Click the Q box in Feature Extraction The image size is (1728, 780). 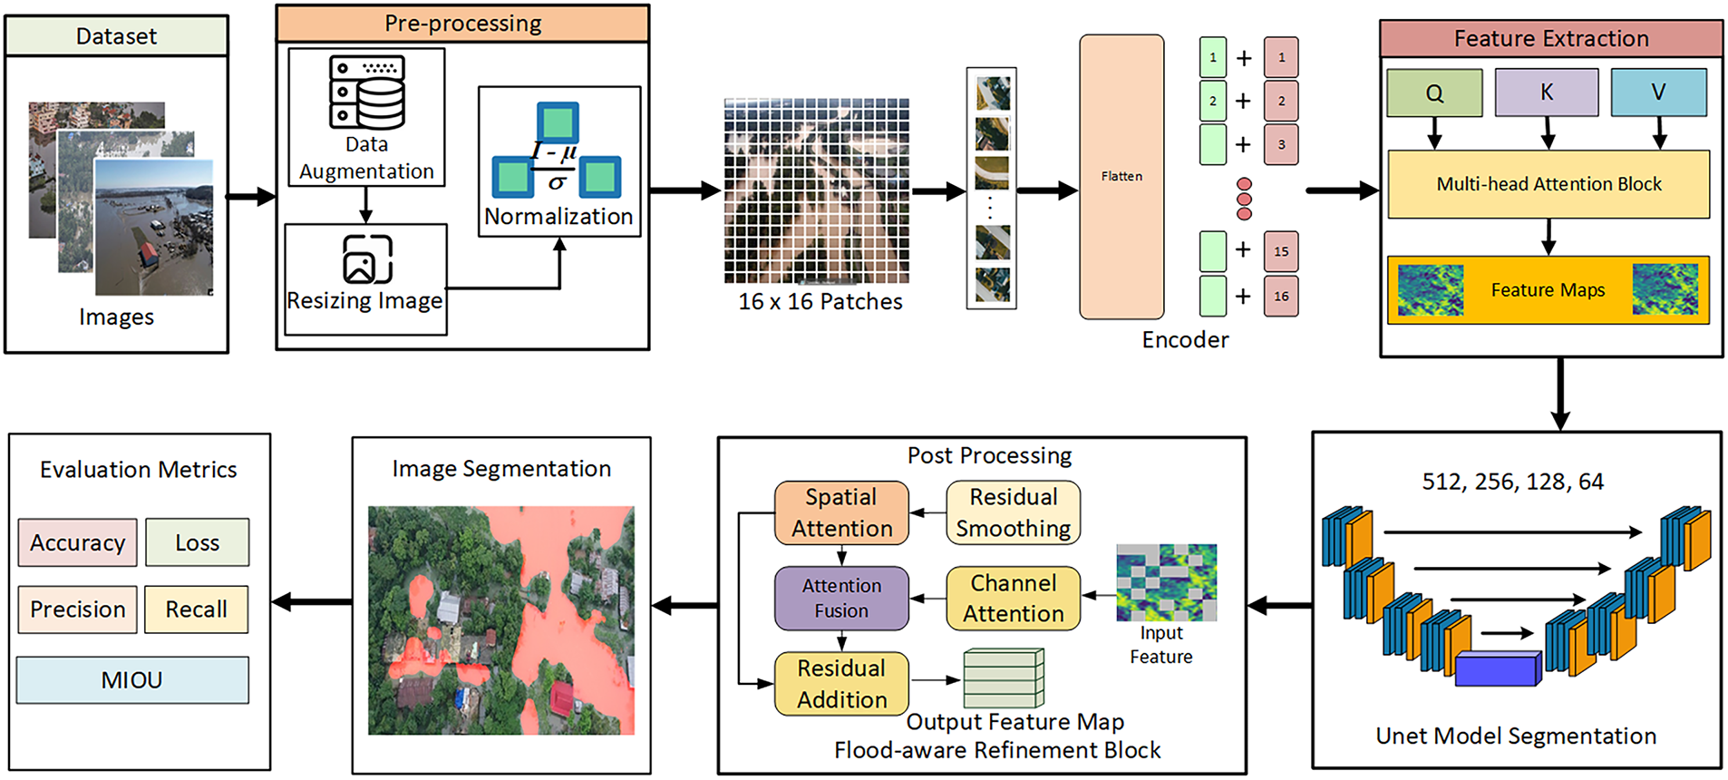1434,93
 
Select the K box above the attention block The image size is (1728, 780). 1547,93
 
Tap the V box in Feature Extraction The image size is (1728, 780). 1658,93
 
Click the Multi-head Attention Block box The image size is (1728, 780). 1548,184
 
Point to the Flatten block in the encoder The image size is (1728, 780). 1121,177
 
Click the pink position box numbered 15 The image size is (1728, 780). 1281,251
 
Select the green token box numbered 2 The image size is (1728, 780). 1213,101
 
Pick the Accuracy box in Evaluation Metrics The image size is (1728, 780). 78,542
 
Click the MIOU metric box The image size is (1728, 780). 132,680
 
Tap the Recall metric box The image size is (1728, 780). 196,609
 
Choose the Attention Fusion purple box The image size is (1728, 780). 841,599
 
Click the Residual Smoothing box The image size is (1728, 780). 1013,512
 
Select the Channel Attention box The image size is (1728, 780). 1013,599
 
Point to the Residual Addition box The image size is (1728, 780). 841,684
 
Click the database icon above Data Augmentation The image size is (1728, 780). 366,92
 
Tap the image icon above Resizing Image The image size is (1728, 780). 367,259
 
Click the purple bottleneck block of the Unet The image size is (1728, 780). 1497,668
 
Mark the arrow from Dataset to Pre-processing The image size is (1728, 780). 250,196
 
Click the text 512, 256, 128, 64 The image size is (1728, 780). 1512,482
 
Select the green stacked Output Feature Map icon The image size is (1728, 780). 1004,678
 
